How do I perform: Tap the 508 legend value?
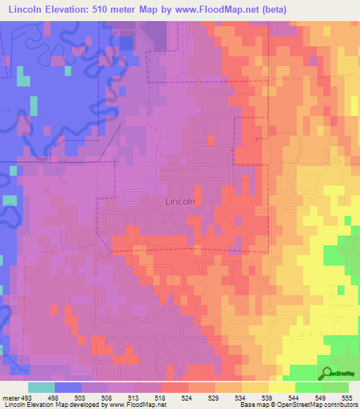(x=106, y=397)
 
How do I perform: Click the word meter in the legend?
(x=11, y=397)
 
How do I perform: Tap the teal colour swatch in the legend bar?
(x=41, y=387)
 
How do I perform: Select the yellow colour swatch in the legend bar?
(x=282, y=387)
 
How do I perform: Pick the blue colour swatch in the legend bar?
(x=68, y=387)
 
